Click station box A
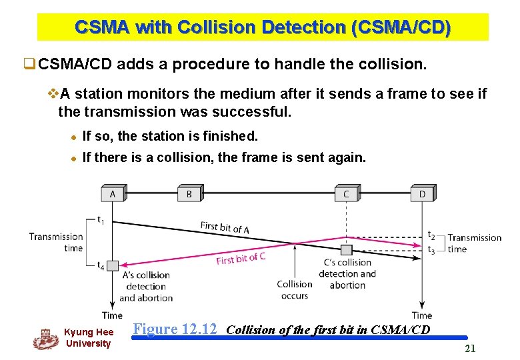click(112, 194)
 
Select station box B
click(189, 194)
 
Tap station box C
click(346, 194)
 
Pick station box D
click(422, 194)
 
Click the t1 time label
click(100, 219)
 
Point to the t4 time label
click(100, 265)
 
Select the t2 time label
click(431, 236)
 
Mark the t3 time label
click(431, 250)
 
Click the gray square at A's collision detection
click(112, 265)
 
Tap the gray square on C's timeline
click(346, 250)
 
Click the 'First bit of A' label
click(225, 228)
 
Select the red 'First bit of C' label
click(241, 258)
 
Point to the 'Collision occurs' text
click(294, 289)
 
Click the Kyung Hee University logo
click(45, 339)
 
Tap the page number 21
click(470, 348)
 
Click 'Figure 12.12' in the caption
click(175, 329)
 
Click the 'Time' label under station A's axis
click(112, 315)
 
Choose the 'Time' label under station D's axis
click(421, 315)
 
